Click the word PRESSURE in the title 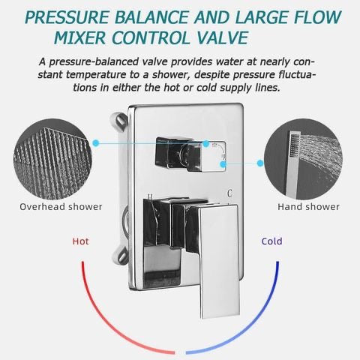coord(67,17)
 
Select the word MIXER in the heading coord(79,37)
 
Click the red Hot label coord(80,241)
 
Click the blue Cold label coord(272,241)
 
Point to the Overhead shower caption coord(61,207)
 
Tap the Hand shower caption coord(308,207)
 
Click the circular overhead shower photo coord(52,159)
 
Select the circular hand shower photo coord(303,159)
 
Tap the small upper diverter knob coord(190,155)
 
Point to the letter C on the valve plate coord(229,193)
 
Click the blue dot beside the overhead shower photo coord(96,143)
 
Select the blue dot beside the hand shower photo coord(260,163)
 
